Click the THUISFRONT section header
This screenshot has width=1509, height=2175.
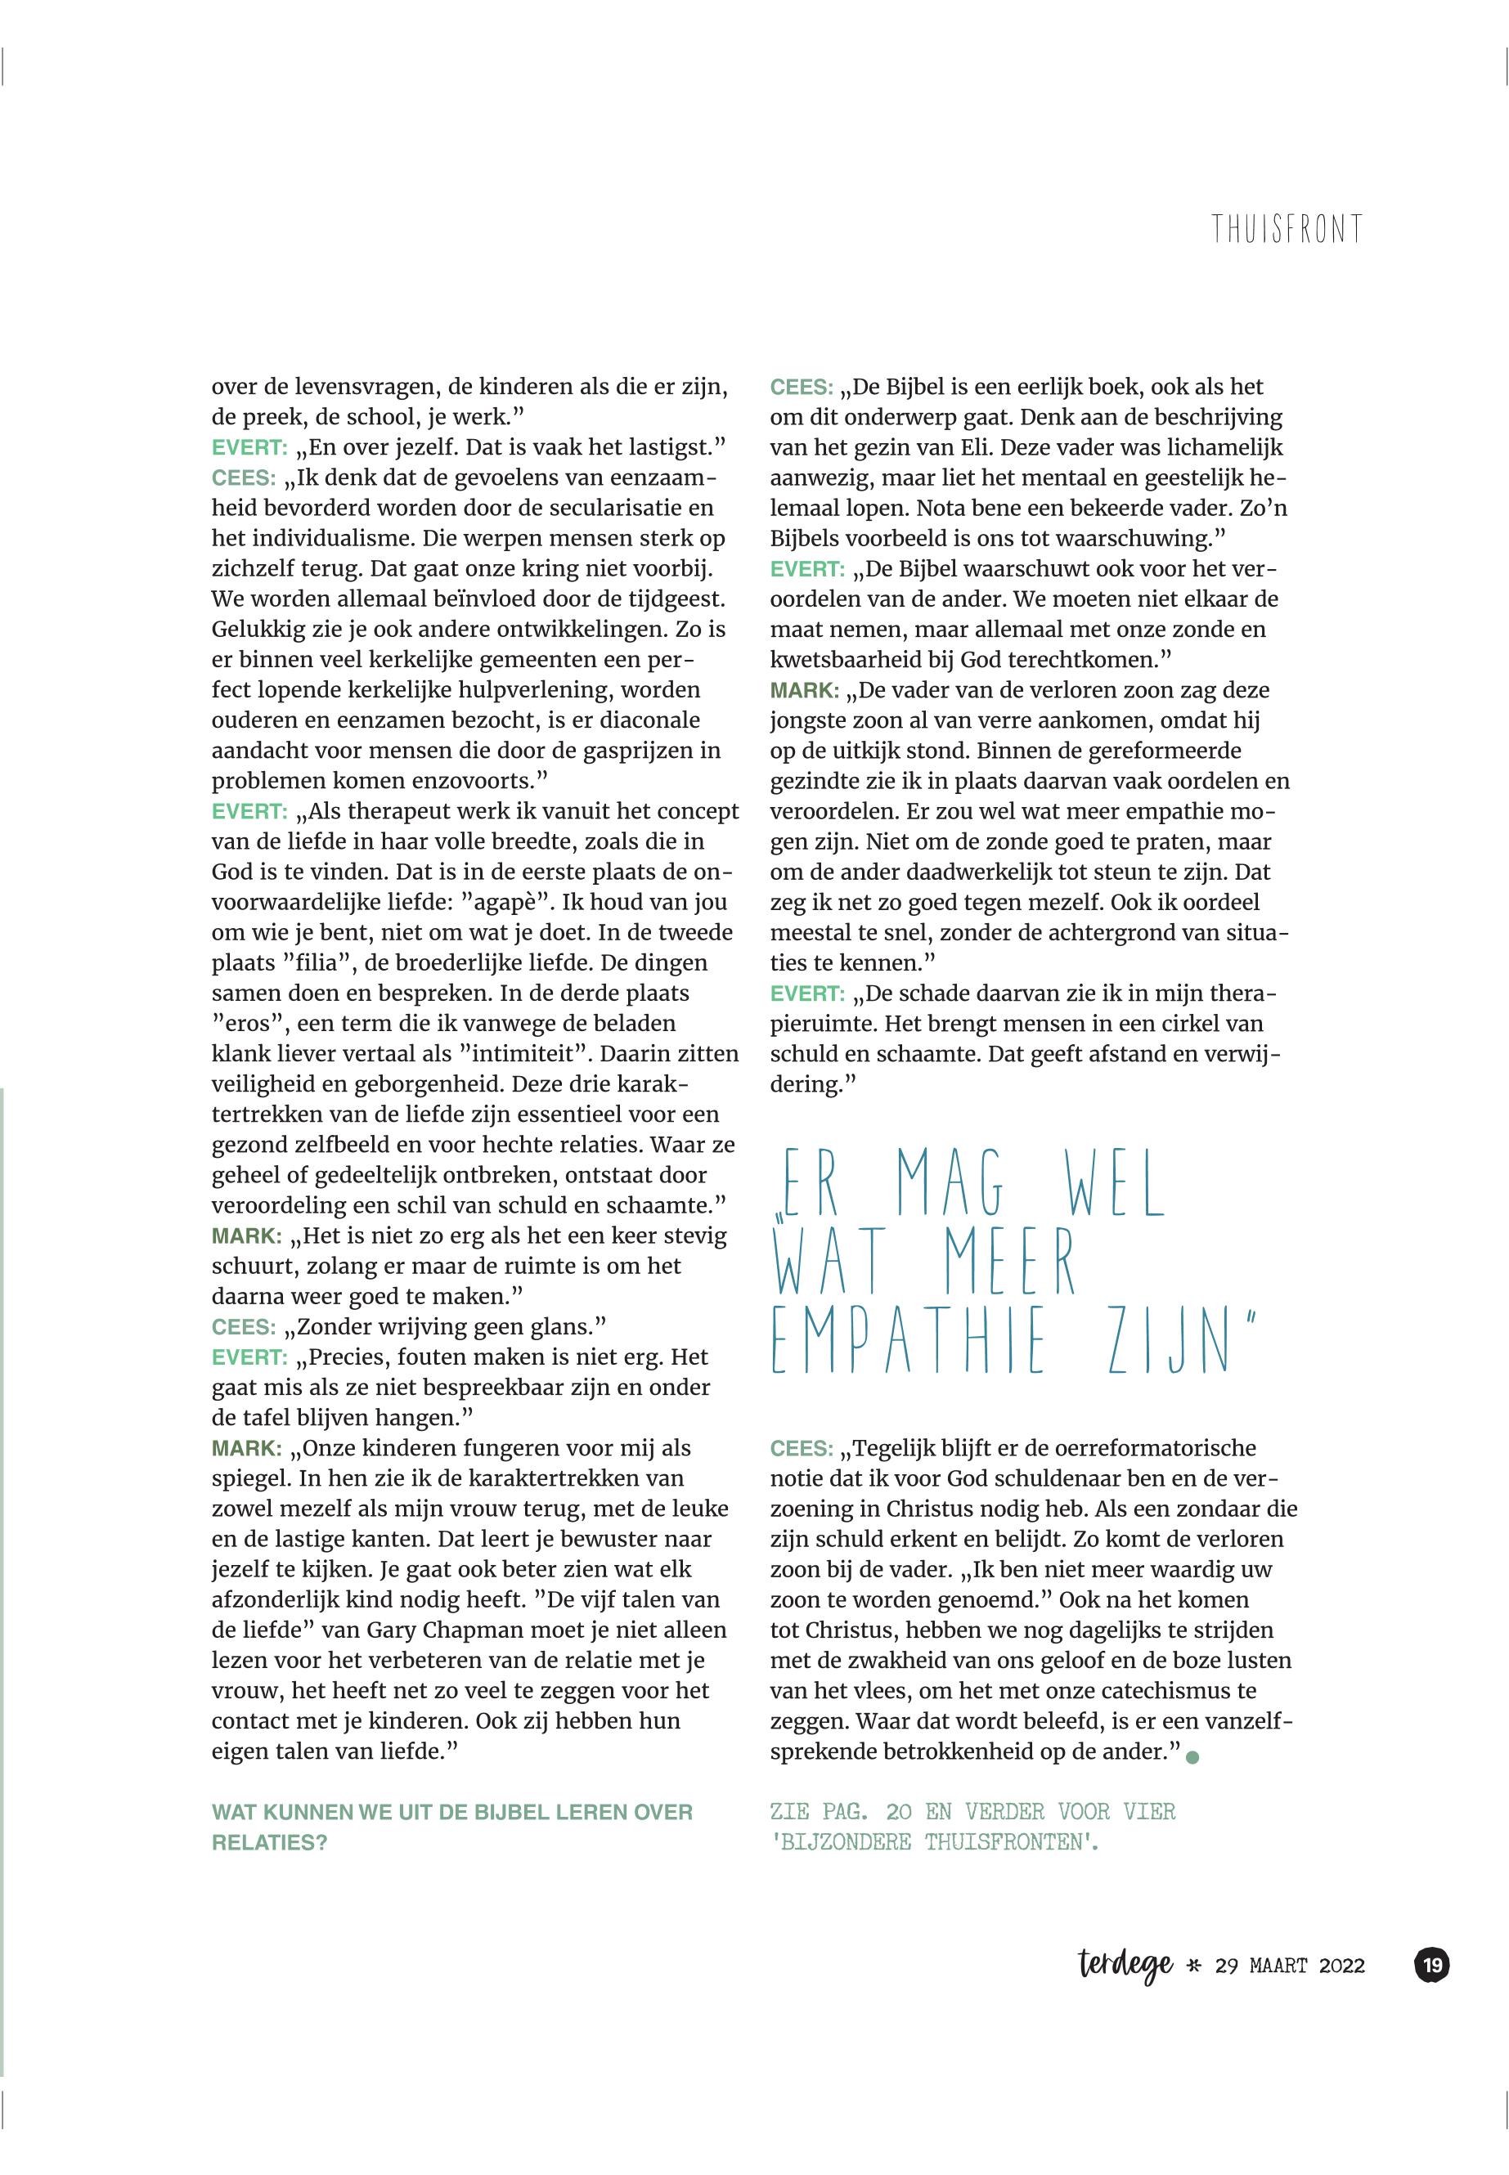pos(1287,229)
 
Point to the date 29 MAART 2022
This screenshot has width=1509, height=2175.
pos(1290,1966)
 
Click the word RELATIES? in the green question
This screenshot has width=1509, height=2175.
pos(268,1842)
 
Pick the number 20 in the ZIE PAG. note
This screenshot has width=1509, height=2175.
pos(898,1812)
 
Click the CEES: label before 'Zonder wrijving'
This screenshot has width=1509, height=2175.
pos(244,1327)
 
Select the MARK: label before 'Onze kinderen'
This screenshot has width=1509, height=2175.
pos(246,1448)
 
